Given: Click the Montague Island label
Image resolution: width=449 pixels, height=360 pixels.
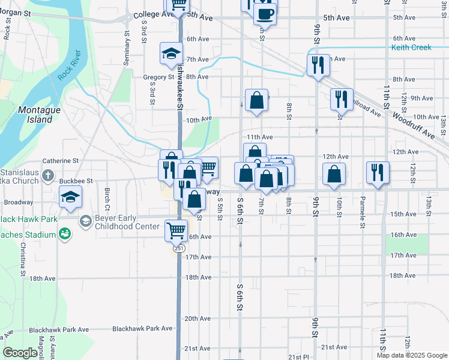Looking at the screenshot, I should point(35,114).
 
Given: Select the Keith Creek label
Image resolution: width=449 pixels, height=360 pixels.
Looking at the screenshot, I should point(411,47).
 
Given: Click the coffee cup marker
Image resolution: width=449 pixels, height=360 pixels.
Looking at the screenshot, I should point(265,13).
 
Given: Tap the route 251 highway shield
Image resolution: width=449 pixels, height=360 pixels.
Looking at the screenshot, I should point(180,248).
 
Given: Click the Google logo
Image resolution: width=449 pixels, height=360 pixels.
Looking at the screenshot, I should point(20,352).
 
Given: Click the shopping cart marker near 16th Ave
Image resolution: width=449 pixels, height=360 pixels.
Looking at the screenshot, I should point(176,229).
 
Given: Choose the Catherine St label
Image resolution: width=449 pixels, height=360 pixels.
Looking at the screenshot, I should point(61,161).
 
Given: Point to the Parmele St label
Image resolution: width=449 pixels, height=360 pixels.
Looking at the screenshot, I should point(363,204).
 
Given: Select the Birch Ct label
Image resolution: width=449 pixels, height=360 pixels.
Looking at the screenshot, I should point(107,196).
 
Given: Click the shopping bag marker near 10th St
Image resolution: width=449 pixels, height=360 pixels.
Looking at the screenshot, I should point(334,173).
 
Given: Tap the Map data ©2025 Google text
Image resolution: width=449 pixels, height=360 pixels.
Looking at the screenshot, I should point(411,355).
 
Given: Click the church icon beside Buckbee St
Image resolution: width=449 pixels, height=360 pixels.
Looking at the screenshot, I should point(49,179).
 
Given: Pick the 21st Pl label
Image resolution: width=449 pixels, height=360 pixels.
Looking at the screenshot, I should point(298,356).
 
